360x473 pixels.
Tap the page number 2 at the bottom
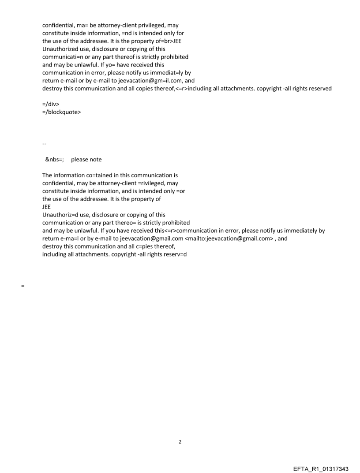pyautogui.click(x=180, y=442)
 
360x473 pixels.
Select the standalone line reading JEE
pyautogui.click(x=46, y=207)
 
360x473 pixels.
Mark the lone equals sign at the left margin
pyautogui.click(x=22, y=286)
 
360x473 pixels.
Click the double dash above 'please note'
pyautogui.click(x=44, y=144)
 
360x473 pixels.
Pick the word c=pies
pyautogui.click(x=132, y=246)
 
